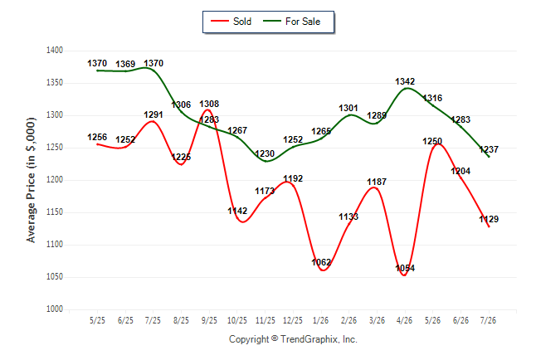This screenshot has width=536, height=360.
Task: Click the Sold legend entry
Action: [231, 22]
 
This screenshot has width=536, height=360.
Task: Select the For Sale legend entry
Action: [291, 22]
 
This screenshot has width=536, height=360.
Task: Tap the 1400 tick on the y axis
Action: [55, 51]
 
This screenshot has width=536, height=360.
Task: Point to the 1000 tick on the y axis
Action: [55, 309]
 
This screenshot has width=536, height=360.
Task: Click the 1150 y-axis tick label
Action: [55, 212]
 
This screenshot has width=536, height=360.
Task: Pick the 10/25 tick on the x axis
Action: [237, 320]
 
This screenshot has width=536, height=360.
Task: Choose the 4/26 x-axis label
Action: [404, 320]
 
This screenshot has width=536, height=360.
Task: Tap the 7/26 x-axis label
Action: [488, 320]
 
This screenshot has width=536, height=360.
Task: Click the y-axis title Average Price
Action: [31, 180]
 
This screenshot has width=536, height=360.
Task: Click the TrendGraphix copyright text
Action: [293, 339]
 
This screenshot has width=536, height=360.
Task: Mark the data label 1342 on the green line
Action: [405, 81]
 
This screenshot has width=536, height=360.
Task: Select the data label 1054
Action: [405, 268]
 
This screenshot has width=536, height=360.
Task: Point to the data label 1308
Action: [209, 104]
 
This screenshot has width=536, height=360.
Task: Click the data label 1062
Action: [321, 262]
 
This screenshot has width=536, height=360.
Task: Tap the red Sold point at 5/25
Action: [97, 144]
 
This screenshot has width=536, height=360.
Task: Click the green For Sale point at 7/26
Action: [489, 157]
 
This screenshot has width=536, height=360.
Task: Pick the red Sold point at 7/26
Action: [489, 226]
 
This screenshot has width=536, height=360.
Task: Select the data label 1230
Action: [265, 153]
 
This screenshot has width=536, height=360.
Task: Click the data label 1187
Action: [377, 182]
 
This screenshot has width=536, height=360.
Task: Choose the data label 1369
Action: [125, 64]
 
